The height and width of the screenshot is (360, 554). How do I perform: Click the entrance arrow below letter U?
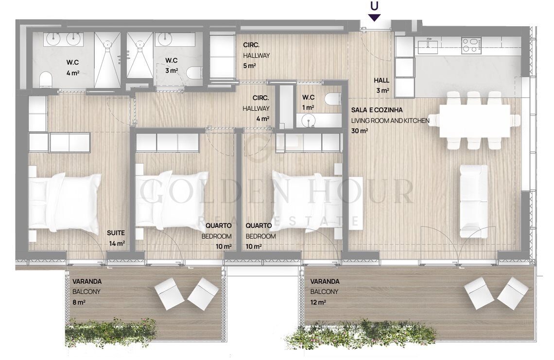coord(374,17)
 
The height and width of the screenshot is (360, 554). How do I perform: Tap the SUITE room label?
coord(116,233)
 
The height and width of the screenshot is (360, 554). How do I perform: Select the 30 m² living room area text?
coord(360,131)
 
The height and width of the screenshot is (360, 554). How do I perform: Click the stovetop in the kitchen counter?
coord(471,45)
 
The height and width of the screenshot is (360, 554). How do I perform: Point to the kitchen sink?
coord(428,47)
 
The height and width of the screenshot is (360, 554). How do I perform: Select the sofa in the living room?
coord(473,201)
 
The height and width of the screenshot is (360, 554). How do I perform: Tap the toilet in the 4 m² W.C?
coord(46,80)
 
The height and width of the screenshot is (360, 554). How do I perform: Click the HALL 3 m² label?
coord(382,86)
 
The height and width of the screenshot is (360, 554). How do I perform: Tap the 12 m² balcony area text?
coord(318,302)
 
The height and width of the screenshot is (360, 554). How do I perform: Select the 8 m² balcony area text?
coord(79,302)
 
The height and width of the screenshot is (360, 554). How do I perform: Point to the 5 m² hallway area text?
coord(249,66)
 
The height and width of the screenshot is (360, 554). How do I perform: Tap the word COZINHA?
coord(389,110)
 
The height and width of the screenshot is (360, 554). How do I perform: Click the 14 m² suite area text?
coord(117,243)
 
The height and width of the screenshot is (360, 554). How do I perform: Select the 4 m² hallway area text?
coord(263,119)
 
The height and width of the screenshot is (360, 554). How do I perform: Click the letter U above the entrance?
coord(374,6)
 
